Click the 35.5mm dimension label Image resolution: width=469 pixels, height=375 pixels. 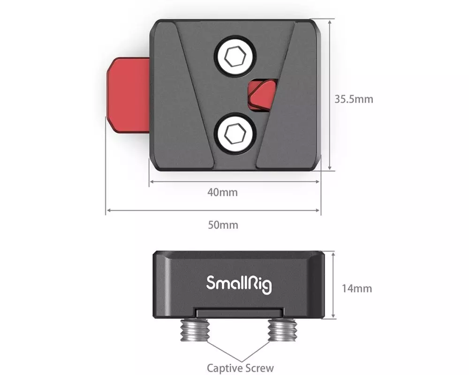354,99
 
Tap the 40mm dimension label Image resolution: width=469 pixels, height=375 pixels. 222,192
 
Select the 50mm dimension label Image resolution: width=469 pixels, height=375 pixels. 223,225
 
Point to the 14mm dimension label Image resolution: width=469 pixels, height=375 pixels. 357,289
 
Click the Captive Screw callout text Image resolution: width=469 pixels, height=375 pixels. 240,368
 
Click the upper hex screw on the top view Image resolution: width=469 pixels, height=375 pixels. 235,57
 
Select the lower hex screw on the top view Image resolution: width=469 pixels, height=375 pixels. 235,134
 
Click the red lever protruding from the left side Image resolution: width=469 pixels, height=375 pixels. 129,95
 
